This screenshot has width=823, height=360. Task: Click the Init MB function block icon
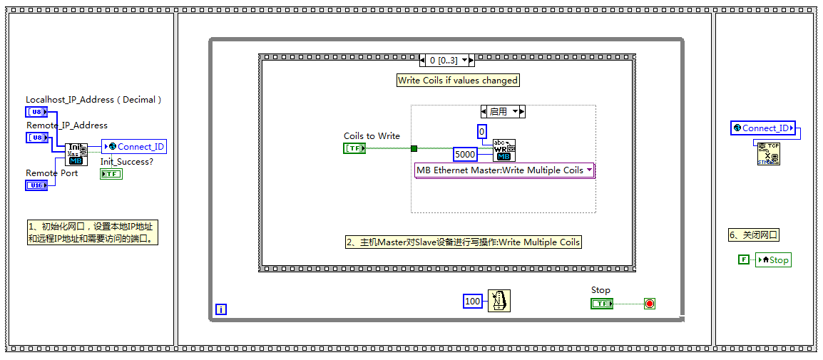(76, 154)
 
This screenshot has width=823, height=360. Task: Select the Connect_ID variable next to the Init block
(134, 147)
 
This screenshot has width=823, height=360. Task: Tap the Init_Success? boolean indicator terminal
(111, 174)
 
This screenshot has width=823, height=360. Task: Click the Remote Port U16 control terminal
(37, 185)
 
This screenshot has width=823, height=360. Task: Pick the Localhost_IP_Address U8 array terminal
(37, 112)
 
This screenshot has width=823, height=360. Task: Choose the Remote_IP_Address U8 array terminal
(37, 138)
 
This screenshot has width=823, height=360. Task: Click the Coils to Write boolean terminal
(355, 148)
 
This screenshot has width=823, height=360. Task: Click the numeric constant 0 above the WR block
(483, 131)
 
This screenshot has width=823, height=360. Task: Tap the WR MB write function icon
(504, 150)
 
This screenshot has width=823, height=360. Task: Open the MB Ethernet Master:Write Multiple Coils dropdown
(505, 170)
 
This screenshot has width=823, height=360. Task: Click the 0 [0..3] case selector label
(446, 61)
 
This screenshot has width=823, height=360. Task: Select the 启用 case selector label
(503, 111)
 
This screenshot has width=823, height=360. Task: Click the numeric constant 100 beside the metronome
(473, 302)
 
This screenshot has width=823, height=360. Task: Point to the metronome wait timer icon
(499, 302)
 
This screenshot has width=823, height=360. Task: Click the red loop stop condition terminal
(650, 304)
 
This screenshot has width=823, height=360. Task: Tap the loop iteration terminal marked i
(221, 309)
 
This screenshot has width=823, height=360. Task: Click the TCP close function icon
(768, 153)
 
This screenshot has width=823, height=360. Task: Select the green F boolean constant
(743, 259)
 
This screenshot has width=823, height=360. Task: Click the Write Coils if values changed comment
(458, 81)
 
